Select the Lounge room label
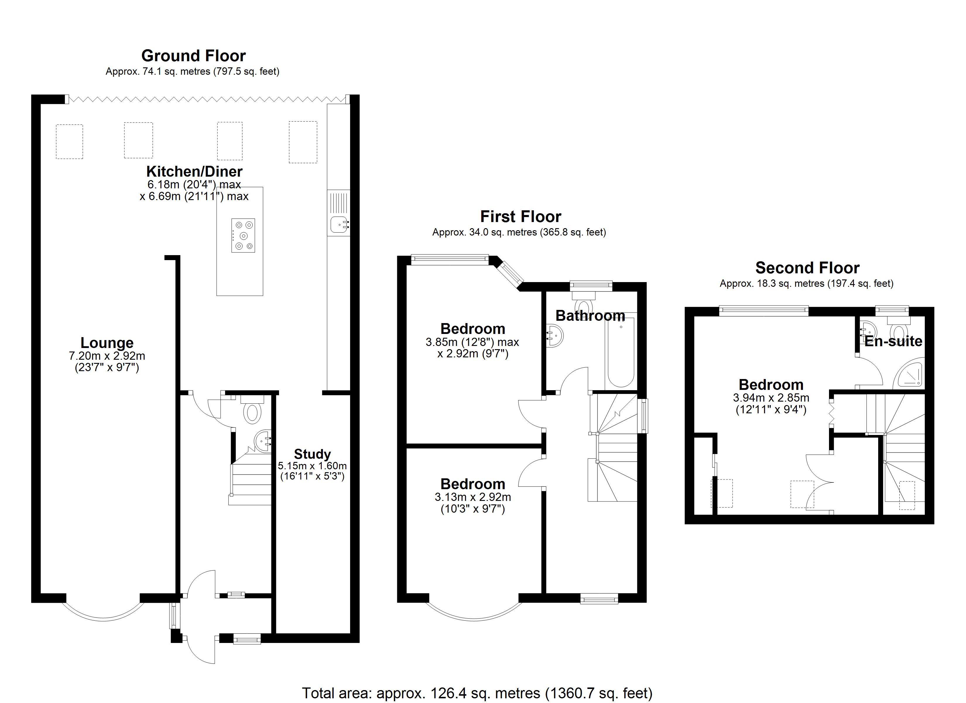(x=107, y=343)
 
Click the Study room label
(x=312, y=454)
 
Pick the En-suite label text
(x=893, y=341)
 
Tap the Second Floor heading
(x=807, y=268)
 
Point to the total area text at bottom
(x=477, y=693)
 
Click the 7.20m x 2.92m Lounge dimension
(x=107, y=356)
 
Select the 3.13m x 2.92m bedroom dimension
(x=473, y=497)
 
